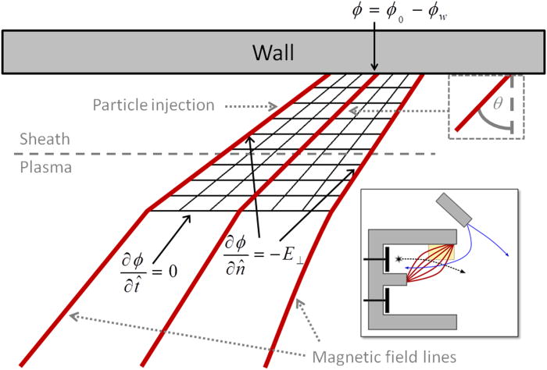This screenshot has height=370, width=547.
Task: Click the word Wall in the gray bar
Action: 272,53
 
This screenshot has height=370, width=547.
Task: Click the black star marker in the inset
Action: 399,257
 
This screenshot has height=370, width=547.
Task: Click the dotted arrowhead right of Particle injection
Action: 275,106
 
